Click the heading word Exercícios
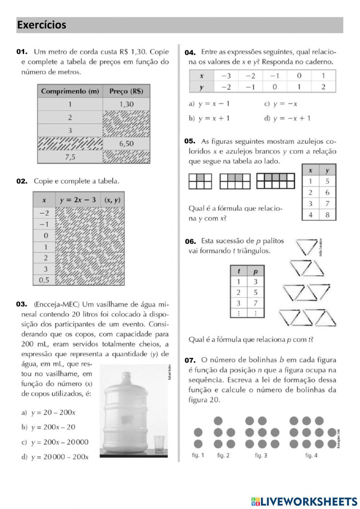tap(42, 25)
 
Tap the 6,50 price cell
tap(126, 144)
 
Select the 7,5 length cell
tap(70, 157)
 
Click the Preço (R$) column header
tap(126, 91)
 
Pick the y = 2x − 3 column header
tap(78, 200)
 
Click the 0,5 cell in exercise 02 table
tap(44, 280)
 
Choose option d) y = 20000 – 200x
tap(55, 457)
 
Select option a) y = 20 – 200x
tap(49, 412)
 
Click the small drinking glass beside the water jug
tap(159, 444)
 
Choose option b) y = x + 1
tap(209, 118)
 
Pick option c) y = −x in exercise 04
tap(281, 104)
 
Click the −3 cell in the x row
tap(226, 76)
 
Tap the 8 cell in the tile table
tap(327, 215)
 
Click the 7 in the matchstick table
tap(256, 303)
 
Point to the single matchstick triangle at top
tap(307, 247)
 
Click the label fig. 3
tap(261, 455)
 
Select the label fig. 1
tap(198, 455)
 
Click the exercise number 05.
tap(190, 141)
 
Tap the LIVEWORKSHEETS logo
tap(304, 501)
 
